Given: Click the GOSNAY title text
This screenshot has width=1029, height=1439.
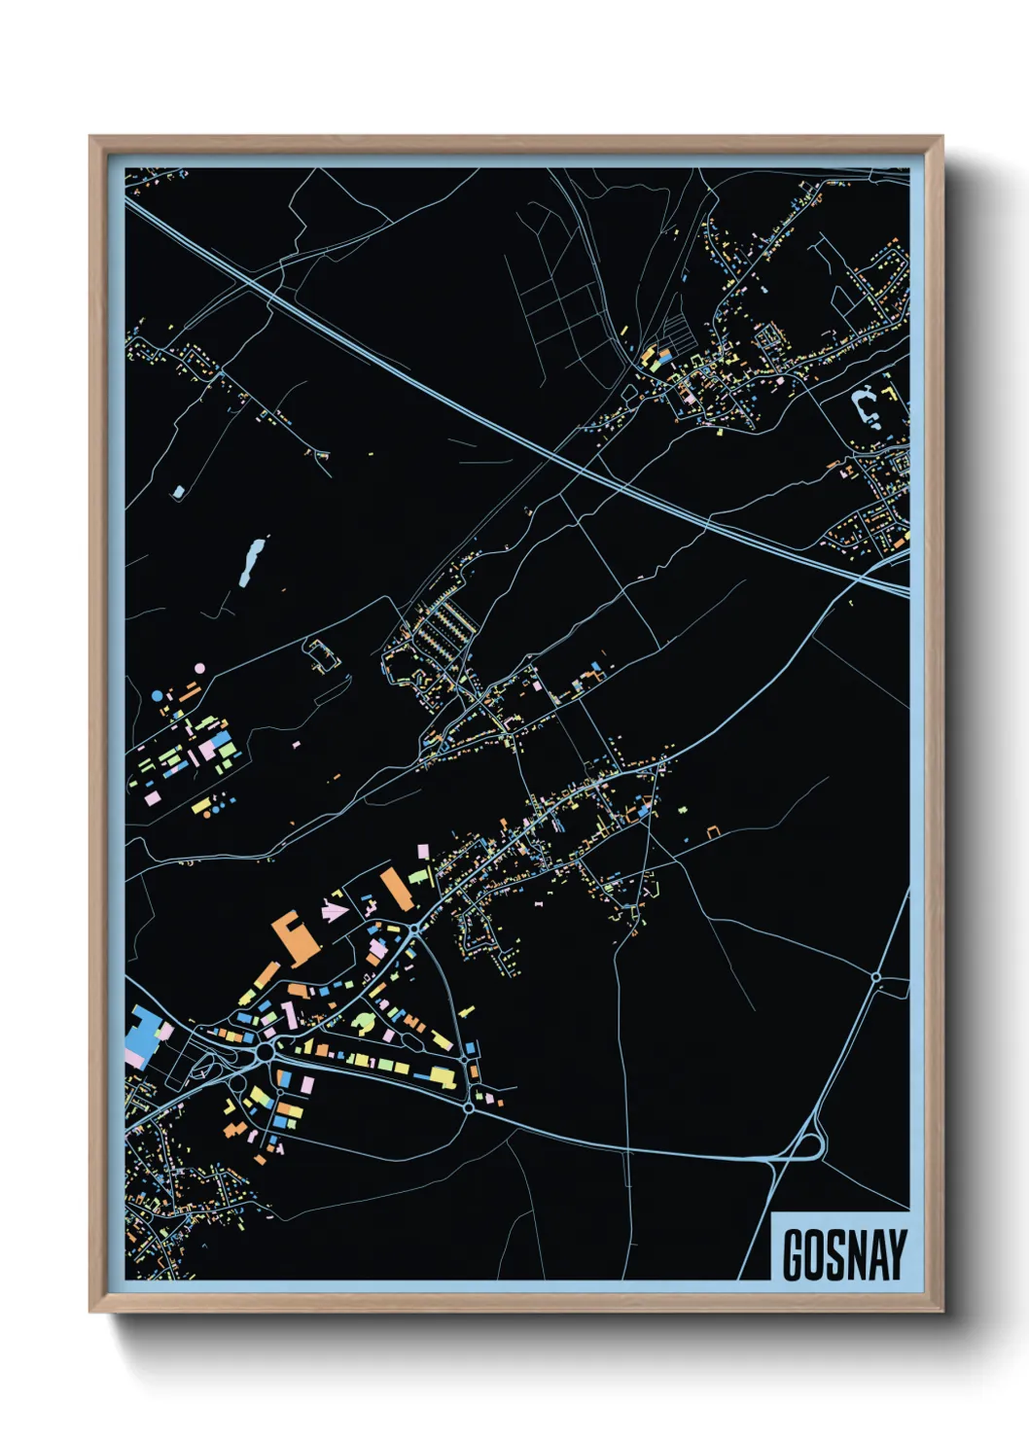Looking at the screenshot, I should (x=843, y=1255).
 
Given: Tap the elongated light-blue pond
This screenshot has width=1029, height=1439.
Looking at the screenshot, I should (x=252, y=561).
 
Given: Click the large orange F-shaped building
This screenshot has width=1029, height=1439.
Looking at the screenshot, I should (x=294, y=937).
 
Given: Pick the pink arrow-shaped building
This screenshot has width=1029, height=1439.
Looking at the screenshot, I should (x=334, y=912).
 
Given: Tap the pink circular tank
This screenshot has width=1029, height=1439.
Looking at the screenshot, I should (x=199, y=669).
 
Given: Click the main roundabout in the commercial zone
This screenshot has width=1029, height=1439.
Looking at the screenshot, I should (x=265, y=1053).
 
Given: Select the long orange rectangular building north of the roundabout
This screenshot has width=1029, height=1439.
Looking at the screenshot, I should (x=396, y=889).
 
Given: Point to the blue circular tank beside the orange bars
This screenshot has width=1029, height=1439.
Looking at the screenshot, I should (x=158, y=696).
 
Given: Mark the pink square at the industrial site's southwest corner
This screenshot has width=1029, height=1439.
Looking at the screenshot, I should (x=152, y=797).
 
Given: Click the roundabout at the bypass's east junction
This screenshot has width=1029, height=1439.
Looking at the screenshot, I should (x=469, y=1107).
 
